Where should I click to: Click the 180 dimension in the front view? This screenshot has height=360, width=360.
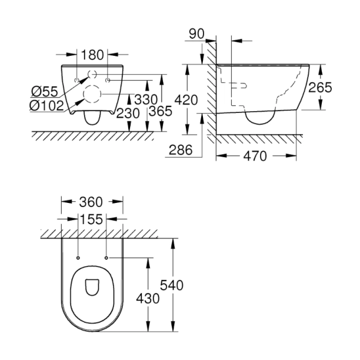pyautogui.click(x=93, y=55)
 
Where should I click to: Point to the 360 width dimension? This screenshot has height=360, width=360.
pyautogui.click(x=92, y=202)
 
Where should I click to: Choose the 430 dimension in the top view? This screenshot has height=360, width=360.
pyautogui.click(x=147, y=298)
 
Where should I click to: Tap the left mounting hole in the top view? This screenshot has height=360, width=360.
pyautogui.click(x=78, y=257)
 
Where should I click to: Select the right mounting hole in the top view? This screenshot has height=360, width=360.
pyautogui.click(x=106, y=257)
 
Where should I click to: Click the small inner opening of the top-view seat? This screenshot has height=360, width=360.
pyautogui.click(x=92, y=288)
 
